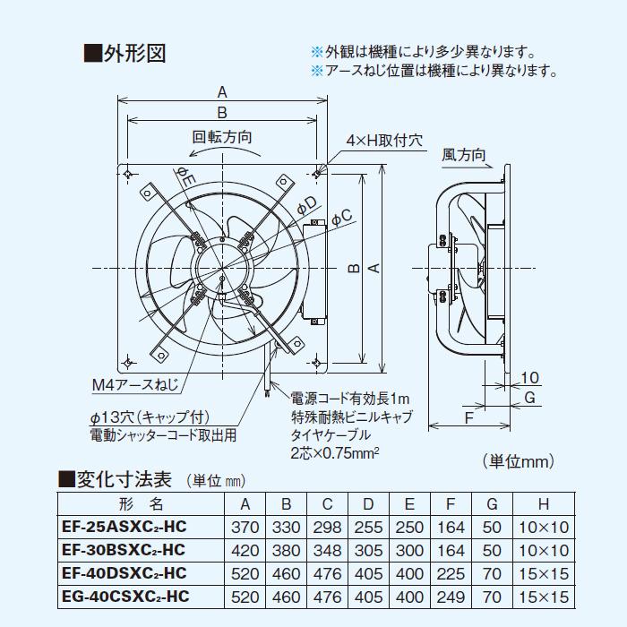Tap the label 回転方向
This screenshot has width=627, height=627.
click(221, 137)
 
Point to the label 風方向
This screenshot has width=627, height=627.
click(464, 155)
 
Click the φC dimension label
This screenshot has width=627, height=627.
click(341, 216)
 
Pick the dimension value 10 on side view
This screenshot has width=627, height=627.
click(529, 376)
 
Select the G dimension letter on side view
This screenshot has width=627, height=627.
click(529, 397)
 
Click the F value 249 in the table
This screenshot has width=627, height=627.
click(454, 594)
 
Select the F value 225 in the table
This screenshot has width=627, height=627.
click(454, 571)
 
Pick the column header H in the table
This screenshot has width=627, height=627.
click(544, 503)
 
